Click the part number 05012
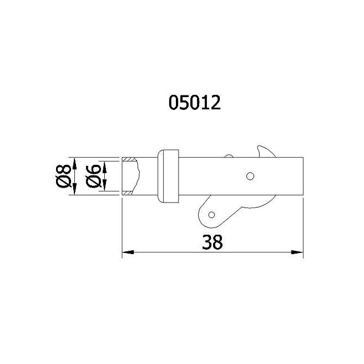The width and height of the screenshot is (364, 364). point(195,103)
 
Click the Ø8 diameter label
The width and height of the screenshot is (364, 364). point(63,176)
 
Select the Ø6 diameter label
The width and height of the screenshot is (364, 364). point(94,176)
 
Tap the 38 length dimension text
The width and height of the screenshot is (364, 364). point(212,242)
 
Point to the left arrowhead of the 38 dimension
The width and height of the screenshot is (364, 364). point(128,252)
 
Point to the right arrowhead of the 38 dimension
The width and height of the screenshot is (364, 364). point(297,252)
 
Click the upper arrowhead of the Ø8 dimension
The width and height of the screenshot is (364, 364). point(74,163)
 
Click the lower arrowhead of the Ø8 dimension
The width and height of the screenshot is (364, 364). point(74,189)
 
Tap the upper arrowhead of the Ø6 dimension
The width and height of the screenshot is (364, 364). point(104,167)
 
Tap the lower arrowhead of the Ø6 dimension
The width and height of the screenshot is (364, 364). point(104,185)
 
